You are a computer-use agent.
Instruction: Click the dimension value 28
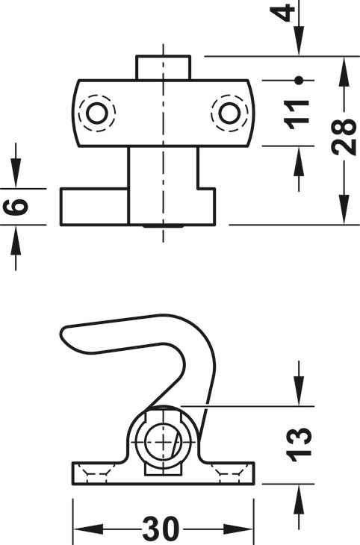tap(344, 137)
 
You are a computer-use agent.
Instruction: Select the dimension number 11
tap(297, 114)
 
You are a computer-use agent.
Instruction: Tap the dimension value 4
tap(282, 13)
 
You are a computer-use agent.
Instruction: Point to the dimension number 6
tap(16, 207)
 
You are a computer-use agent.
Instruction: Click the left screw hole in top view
tap(96, 113)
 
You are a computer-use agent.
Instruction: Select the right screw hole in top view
tap(229, 113)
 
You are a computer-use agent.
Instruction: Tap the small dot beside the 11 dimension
tap(298, 81)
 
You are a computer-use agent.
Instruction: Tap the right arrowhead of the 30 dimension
tap(238, 529)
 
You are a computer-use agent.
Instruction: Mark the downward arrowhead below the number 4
tap(299, 40)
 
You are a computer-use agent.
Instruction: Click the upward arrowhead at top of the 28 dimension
tap(344, 71)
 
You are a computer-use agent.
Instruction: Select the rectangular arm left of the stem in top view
tap(95, 207)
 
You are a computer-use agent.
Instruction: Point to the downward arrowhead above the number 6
tap(16, 172)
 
